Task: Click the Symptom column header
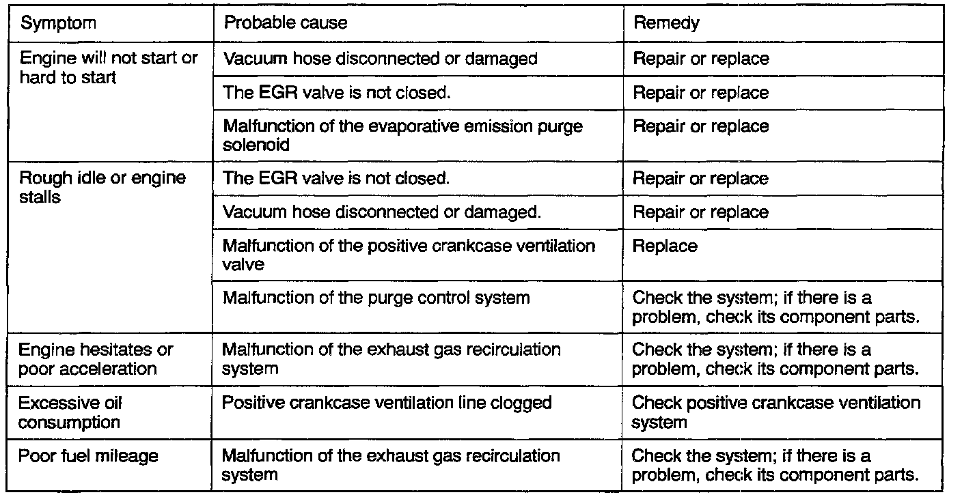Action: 58,23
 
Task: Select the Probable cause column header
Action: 286,23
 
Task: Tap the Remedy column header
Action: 666,23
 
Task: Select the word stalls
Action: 40,197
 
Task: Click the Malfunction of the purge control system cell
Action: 376,298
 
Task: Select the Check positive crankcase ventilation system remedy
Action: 775,412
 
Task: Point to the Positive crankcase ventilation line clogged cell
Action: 387,403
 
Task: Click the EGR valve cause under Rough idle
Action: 337,179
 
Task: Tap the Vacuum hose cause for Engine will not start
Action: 381,59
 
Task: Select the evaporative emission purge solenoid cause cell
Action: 403,135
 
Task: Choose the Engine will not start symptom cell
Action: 109,68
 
